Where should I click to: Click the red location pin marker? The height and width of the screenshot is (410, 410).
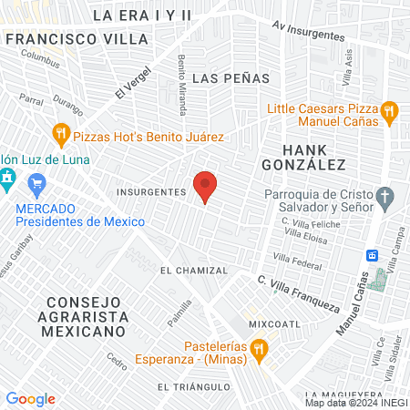pyautogui.click(x=206, y=186)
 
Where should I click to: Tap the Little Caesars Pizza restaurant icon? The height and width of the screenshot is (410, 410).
pyautogui.click(x=389, y=112)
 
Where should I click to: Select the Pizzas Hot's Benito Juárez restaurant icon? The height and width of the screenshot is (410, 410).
pyautogui.click(x=61, y=136)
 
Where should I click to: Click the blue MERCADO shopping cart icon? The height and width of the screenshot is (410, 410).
pyautogui.click(x=37, y=188)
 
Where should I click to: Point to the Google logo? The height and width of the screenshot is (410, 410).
pyautogui.click(x=30, y=398)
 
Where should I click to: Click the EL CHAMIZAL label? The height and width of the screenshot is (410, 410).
pyautogui.click(x=190, y=271)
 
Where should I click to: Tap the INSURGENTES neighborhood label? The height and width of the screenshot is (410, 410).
pyautogui.click(x=151, y=192)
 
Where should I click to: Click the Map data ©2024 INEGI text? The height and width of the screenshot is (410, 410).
pyautogui.click(x=355, y=402)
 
